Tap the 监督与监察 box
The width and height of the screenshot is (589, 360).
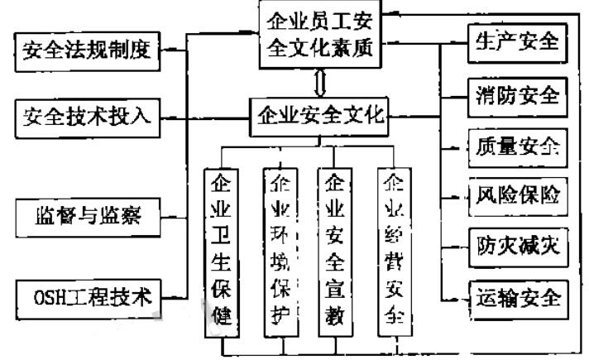pyautogui.click(x=86, y=218)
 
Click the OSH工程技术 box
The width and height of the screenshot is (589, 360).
pyautogui.click(x=86, y=295)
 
